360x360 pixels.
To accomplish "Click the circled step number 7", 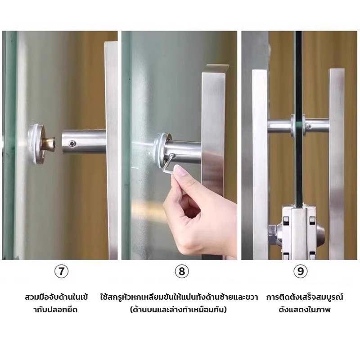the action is [x=61, y=271].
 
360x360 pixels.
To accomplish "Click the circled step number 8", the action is [x=182, y=271].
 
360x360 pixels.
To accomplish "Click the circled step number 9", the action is [x=300, y=271].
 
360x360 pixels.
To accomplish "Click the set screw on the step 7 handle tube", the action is [x=73, y=143].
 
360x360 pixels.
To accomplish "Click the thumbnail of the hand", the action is [x=180, y=170].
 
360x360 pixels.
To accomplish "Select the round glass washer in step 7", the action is [x=36, y=144].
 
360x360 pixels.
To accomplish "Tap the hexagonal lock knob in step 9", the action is [x=272, y=234].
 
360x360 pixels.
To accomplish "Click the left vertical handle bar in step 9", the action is [x=260, y=164].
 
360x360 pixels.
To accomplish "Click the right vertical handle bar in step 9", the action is [x=337, y=164].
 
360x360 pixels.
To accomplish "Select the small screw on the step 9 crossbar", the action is [x=310, y=126].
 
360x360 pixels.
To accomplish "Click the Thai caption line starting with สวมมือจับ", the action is [x=57, y=297].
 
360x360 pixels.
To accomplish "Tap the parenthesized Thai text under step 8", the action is [x=178, y=310].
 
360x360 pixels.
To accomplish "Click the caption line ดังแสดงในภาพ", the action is [x=305, y=310].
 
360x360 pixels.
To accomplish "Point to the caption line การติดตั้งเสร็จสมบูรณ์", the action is [x=305, y=297].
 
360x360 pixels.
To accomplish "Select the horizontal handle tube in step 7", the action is [x=84, y=141].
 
